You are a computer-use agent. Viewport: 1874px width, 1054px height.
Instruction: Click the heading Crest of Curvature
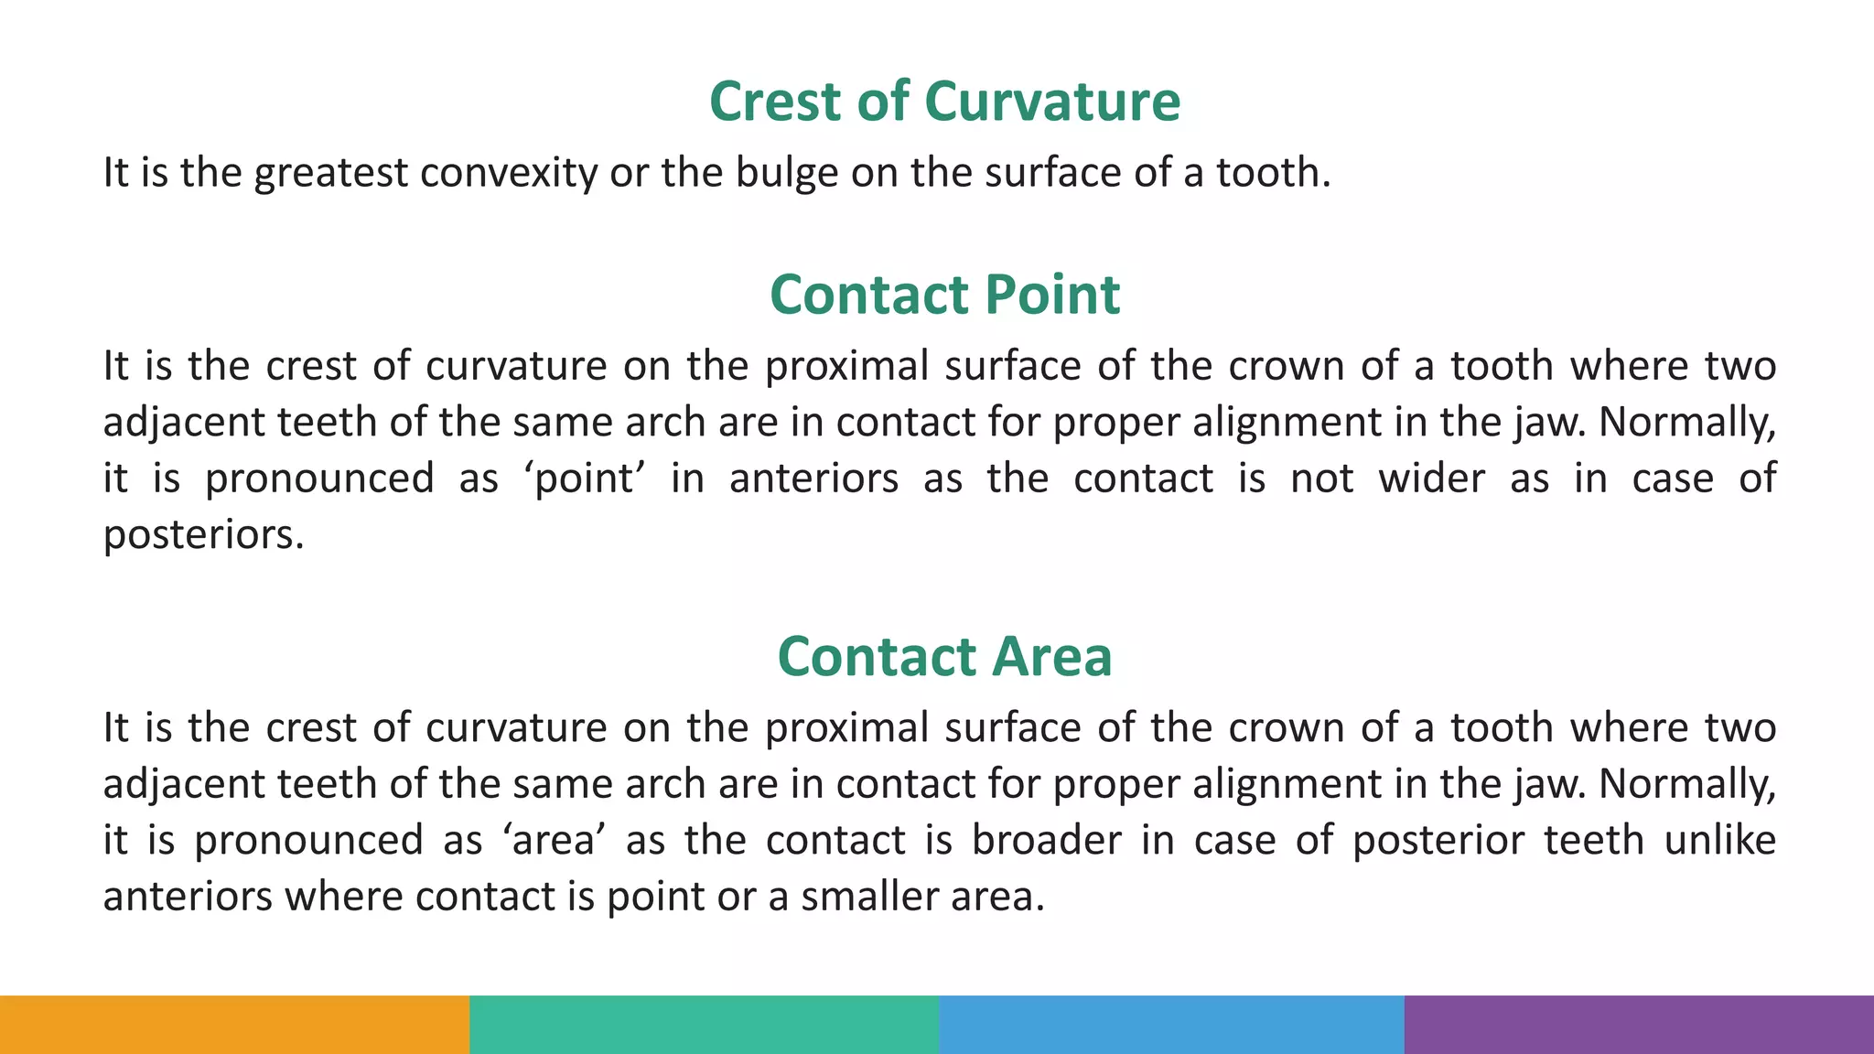(944, 101)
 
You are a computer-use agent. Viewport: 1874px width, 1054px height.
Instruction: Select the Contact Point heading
(944, 295)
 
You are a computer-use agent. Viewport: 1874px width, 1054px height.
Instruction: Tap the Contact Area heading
(944, 656)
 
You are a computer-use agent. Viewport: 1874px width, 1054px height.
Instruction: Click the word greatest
(330, 173)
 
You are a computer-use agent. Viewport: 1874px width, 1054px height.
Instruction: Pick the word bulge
(786, 173)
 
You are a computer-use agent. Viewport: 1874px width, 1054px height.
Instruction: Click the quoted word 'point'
(585, 479)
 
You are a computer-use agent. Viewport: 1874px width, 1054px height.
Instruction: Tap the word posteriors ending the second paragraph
(202, 535)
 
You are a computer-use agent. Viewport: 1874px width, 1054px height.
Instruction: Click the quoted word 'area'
(554, 840)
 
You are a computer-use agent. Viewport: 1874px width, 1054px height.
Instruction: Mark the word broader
(1046, 840)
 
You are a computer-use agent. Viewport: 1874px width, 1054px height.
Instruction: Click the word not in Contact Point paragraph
(1321, 479)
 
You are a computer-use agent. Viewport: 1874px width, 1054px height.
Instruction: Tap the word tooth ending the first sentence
(1272, 173)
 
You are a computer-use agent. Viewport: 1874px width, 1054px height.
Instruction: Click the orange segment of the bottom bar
(234, 1025)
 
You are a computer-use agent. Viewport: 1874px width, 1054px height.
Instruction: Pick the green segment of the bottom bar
(704, 1025)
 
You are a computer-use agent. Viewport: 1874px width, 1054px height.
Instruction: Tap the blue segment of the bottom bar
(1171, 1025)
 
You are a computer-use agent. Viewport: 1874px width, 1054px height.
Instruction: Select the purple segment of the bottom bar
(1639, 1025)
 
